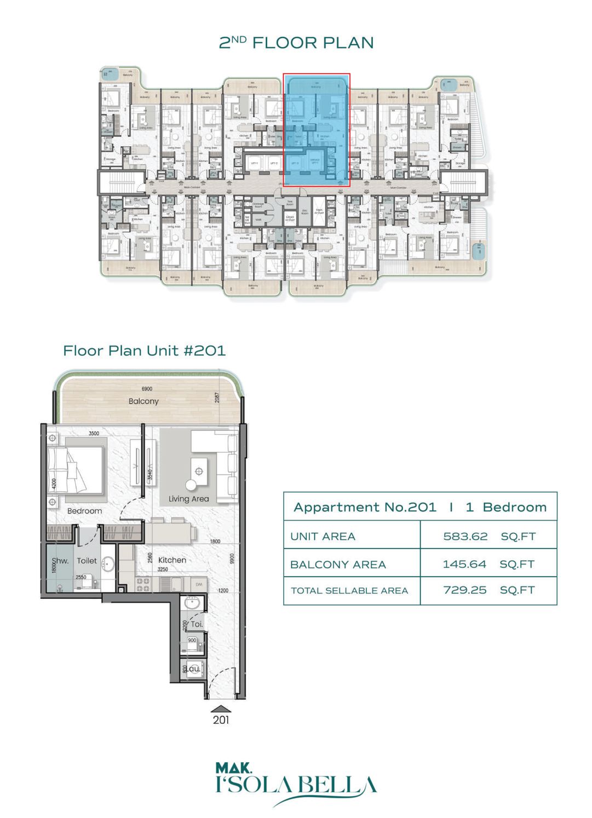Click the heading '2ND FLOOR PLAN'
296,43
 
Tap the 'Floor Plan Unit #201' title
144,350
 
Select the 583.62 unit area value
465,537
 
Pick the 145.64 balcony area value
464,564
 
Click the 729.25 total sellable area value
464,590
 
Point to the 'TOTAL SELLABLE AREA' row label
349,591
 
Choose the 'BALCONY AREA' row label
338,564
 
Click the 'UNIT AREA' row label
323,537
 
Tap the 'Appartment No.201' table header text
365,507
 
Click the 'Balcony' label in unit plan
143,401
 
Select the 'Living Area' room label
188,499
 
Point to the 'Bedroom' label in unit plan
84,511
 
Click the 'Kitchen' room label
172,560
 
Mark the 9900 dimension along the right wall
232,558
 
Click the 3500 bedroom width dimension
94,433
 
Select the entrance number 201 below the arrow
221,720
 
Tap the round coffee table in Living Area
191,485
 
